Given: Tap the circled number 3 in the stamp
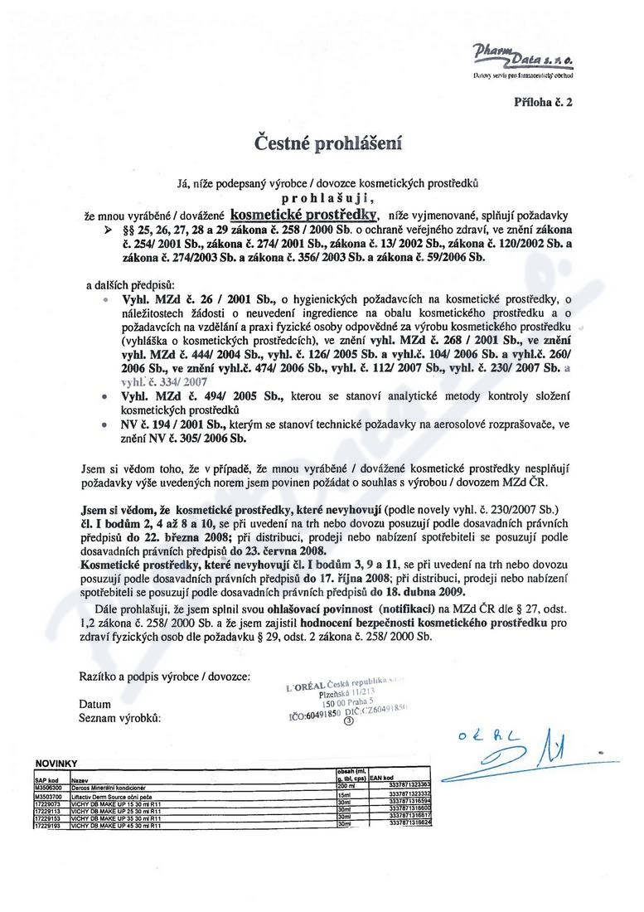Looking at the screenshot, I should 348,720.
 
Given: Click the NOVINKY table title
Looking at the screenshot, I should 56,761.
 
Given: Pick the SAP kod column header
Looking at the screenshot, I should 46,780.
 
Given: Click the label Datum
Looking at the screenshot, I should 94,704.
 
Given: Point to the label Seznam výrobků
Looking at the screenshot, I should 119,718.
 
